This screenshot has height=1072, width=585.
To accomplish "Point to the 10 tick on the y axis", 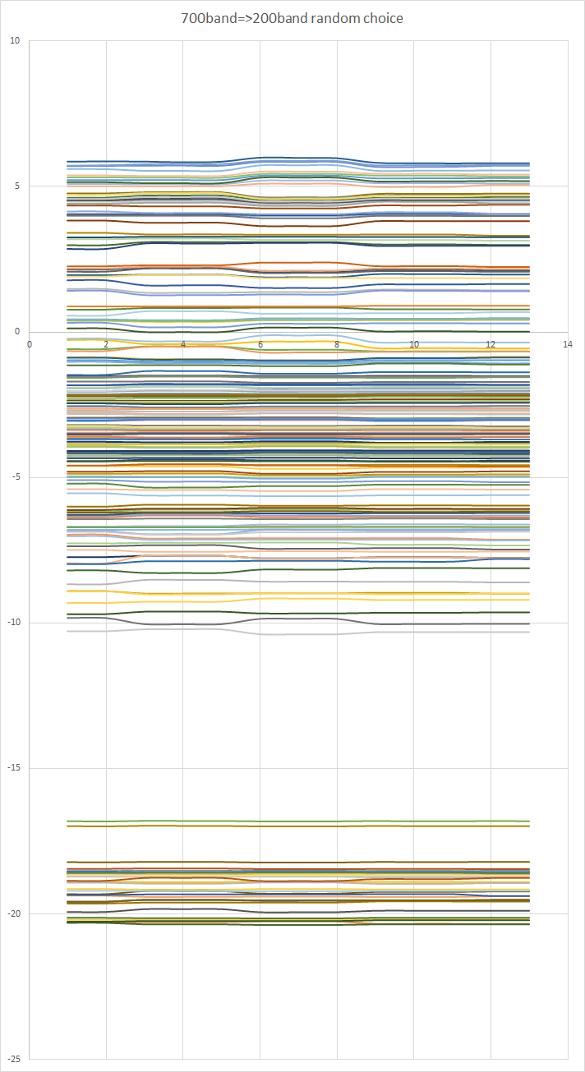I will (15, 40).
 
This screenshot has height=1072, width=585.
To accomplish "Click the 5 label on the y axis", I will (17, 186).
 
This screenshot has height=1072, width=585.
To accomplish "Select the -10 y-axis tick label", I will (13, 623).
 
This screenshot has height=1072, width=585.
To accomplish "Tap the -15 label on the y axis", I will (13, 768).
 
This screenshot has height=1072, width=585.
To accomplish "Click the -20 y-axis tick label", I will (13, 913).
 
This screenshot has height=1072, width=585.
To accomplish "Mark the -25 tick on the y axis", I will (13, 1059).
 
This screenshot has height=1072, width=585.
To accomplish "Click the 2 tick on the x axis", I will (106, 344).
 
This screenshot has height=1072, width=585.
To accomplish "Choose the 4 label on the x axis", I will (182, 344).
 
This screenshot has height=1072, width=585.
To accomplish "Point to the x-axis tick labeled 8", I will (337, 344).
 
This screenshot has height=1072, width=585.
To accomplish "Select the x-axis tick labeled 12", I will (491, 344).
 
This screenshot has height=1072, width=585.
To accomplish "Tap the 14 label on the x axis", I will (567, 344).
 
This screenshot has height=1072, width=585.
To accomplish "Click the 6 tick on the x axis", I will (260, 344).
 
